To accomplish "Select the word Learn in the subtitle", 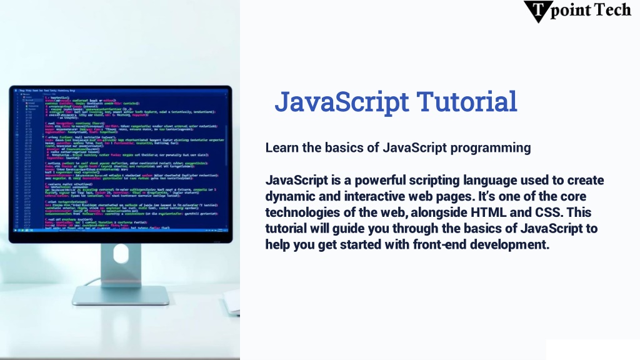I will pos(281,148).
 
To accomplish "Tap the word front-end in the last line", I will pos(438,245).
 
